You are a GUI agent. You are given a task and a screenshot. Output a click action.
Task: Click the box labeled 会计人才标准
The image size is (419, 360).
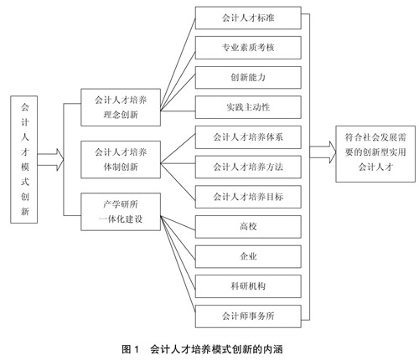coord(248,18)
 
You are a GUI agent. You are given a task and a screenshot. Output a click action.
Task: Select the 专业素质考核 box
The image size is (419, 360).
coord(248,48)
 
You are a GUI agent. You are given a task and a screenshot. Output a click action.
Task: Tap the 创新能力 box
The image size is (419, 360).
coord(248,78)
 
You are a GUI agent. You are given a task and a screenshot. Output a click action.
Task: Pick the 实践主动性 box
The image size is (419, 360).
coord(248,107)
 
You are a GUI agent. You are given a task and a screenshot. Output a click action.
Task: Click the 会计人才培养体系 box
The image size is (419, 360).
coord(248,137)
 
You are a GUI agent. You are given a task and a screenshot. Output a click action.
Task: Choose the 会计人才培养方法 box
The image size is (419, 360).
coord(248,167)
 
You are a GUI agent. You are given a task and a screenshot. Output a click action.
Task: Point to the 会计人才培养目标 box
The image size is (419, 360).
coord(248,197)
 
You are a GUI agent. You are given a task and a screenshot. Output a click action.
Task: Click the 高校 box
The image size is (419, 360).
coord(248,226)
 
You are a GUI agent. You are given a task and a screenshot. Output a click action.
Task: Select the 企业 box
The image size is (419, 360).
coord(248,256)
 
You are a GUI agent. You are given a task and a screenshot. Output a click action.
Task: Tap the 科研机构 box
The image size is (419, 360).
coord(248,286)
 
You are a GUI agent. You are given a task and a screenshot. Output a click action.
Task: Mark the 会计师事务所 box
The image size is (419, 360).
coord(248,316)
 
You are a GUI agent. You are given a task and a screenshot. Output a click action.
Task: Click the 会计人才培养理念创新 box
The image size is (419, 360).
coord(121,107)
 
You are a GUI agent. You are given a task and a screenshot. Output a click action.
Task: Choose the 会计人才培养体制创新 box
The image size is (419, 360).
coord(121,159)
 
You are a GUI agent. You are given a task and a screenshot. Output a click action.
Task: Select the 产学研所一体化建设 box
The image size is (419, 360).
coord(121,212)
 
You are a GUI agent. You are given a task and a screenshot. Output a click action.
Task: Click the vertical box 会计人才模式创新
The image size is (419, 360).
coord(24,160)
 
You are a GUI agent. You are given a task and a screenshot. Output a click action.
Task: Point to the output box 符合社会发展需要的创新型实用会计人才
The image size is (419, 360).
coord(375,154)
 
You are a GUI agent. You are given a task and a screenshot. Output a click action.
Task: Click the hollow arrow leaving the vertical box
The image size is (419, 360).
coord(51,160)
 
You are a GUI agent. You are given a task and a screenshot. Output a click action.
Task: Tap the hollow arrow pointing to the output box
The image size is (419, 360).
coord(323,152)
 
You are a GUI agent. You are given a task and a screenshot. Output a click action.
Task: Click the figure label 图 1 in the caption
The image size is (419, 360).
coord(130,349)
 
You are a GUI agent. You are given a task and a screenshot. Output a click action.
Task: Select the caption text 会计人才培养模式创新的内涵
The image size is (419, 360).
coord(216,349)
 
